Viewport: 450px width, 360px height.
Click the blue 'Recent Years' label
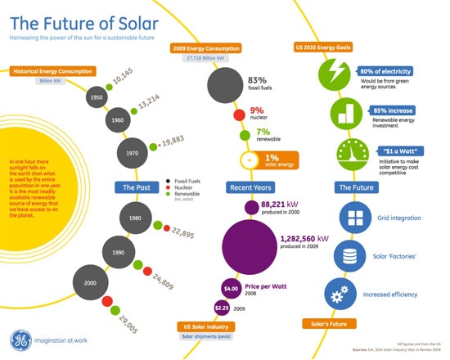pyautogui.click(x=251, y=187)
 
